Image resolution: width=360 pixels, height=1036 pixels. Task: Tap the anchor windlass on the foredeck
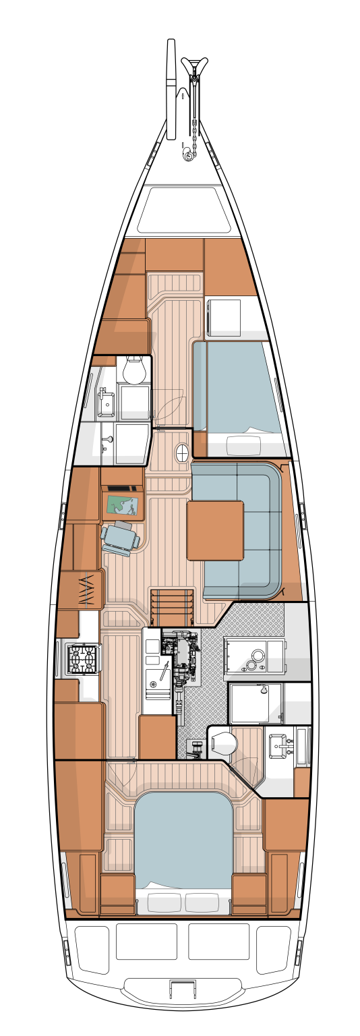[187, 156]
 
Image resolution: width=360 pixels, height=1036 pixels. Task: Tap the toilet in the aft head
[224, 745]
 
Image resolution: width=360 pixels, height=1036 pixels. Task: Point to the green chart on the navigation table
[123, 505]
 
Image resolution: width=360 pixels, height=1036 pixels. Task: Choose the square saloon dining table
[215, 530]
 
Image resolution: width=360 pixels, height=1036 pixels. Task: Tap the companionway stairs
[172, 606]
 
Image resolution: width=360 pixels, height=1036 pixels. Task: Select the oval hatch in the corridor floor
[182, 453]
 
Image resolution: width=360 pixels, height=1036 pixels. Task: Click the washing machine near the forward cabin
[223, 317]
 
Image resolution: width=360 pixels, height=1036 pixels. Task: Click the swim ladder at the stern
[180, 989]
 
